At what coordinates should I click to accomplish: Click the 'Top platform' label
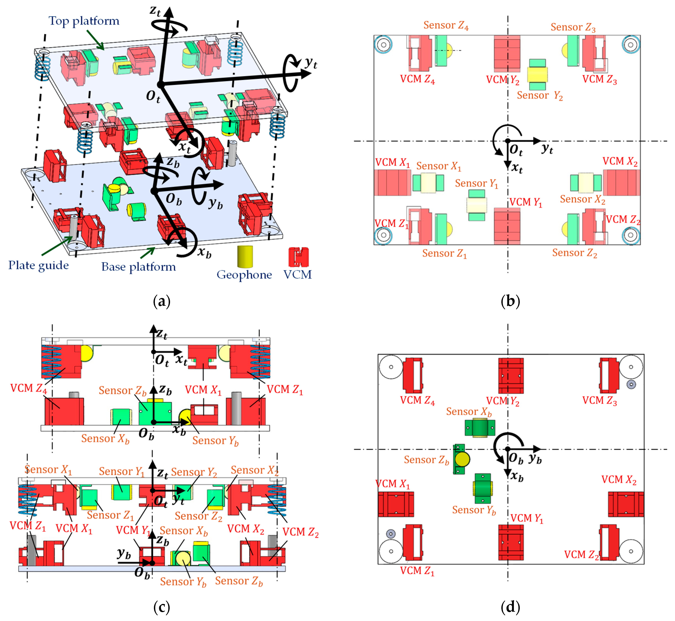pyautogui.click(x=84, y=21)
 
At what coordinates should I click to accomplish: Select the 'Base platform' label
pyautogui.click(x=139, y=267)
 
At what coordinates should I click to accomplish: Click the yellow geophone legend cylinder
pyautogui.click(x=245, y=256)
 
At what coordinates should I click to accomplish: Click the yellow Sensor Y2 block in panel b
pyautogui.click(x=537, y=75)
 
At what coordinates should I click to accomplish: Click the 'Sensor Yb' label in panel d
pyautogui.click(x=474, y=510)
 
